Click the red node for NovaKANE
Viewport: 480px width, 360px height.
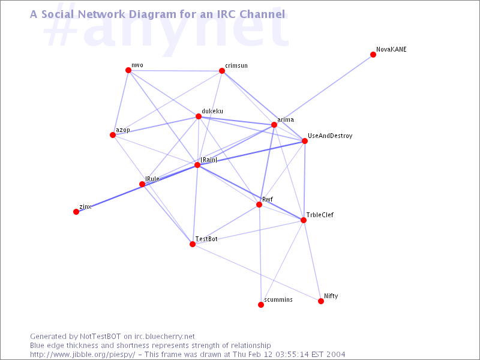coord(373,55)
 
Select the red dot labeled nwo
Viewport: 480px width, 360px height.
coord(128,70)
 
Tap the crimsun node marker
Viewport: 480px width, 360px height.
coord(222,71)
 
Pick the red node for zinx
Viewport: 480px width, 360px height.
coord(76,212)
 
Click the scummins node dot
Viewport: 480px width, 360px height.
coord(261,305)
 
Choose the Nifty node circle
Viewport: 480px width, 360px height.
coord(321,301)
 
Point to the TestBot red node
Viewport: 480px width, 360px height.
coord(192,244)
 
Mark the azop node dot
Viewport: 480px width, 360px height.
coord(113,135)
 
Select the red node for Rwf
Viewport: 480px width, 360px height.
coord(259,205)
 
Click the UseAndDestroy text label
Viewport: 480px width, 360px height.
coord(330,136)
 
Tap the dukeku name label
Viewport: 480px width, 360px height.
coord(212,111)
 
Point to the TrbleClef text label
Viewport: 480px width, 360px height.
coord(320,215)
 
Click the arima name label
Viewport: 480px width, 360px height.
coord(286,119)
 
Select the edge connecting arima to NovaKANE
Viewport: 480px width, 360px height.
coord(323,89)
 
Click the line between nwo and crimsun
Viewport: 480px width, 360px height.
coord(175,71)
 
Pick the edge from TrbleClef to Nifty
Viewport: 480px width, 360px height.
coord(312,261)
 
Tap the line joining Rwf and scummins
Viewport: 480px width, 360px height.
coord(260,254)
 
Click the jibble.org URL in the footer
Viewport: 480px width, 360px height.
coord(82,355)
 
